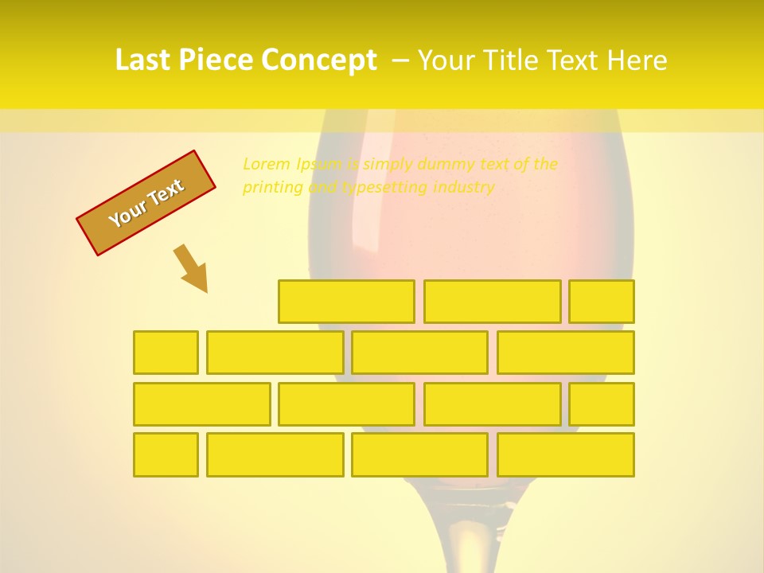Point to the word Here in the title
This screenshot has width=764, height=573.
tap(637, 60)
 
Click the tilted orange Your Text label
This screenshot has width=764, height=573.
tap(146, 203)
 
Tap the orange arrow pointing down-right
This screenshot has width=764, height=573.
tap(192, 268)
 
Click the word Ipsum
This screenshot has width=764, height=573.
tap(318, 164)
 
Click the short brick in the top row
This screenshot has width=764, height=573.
tap(602, 302)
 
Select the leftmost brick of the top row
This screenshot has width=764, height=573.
tap(346, 302)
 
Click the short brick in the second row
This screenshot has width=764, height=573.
tap(166, 353)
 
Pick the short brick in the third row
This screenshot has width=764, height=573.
tap(602, 404)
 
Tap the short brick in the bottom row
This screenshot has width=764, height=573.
tap(166, 455)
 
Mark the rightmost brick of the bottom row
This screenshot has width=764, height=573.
tap(565, 455)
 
